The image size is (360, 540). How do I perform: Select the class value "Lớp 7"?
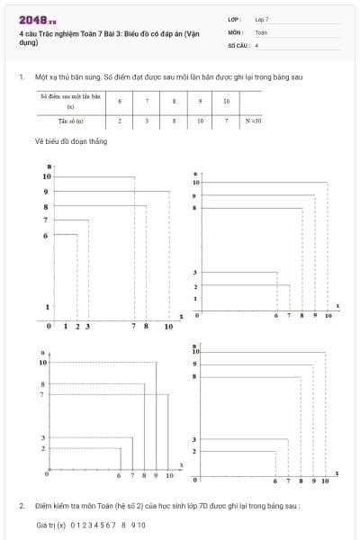[261, 19]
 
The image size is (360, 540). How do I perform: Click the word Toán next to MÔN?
[260, 31]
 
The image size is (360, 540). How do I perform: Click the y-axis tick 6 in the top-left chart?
[45, 236]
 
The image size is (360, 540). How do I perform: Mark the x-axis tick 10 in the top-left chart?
[168, 326]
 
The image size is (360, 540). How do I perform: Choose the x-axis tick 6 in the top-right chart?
[276, 316]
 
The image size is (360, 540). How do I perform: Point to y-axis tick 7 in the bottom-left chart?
[41, 394]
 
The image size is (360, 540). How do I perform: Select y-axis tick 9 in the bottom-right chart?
[194, 364]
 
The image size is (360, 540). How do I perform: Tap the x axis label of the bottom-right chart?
[337, 472]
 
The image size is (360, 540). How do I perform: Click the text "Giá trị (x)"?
[50, 524]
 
